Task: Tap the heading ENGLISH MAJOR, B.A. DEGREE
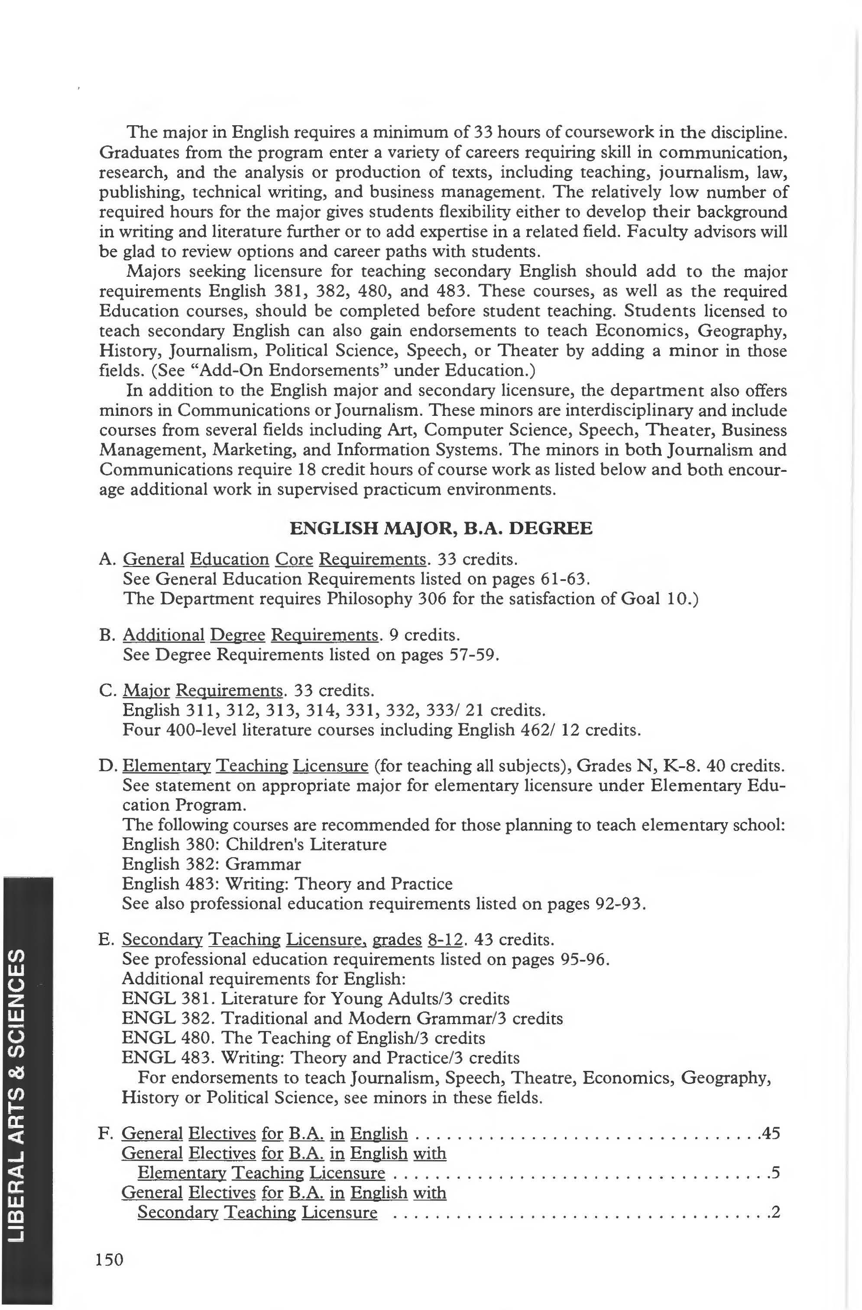click(x=441, y=529)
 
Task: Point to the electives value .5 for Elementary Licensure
click(x=775, y=1173)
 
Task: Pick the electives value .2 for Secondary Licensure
click(x=775, y=1212)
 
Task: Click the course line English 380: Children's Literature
click(x=254, y=844)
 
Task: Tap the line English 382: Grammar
click(x=211, y=864)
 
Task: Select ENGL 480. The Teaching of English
click(x=303, y=1038)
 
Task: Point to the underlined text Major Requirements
click(x=202, y=690)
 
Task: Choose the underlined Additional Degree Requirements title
click(x=251, y=635)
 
